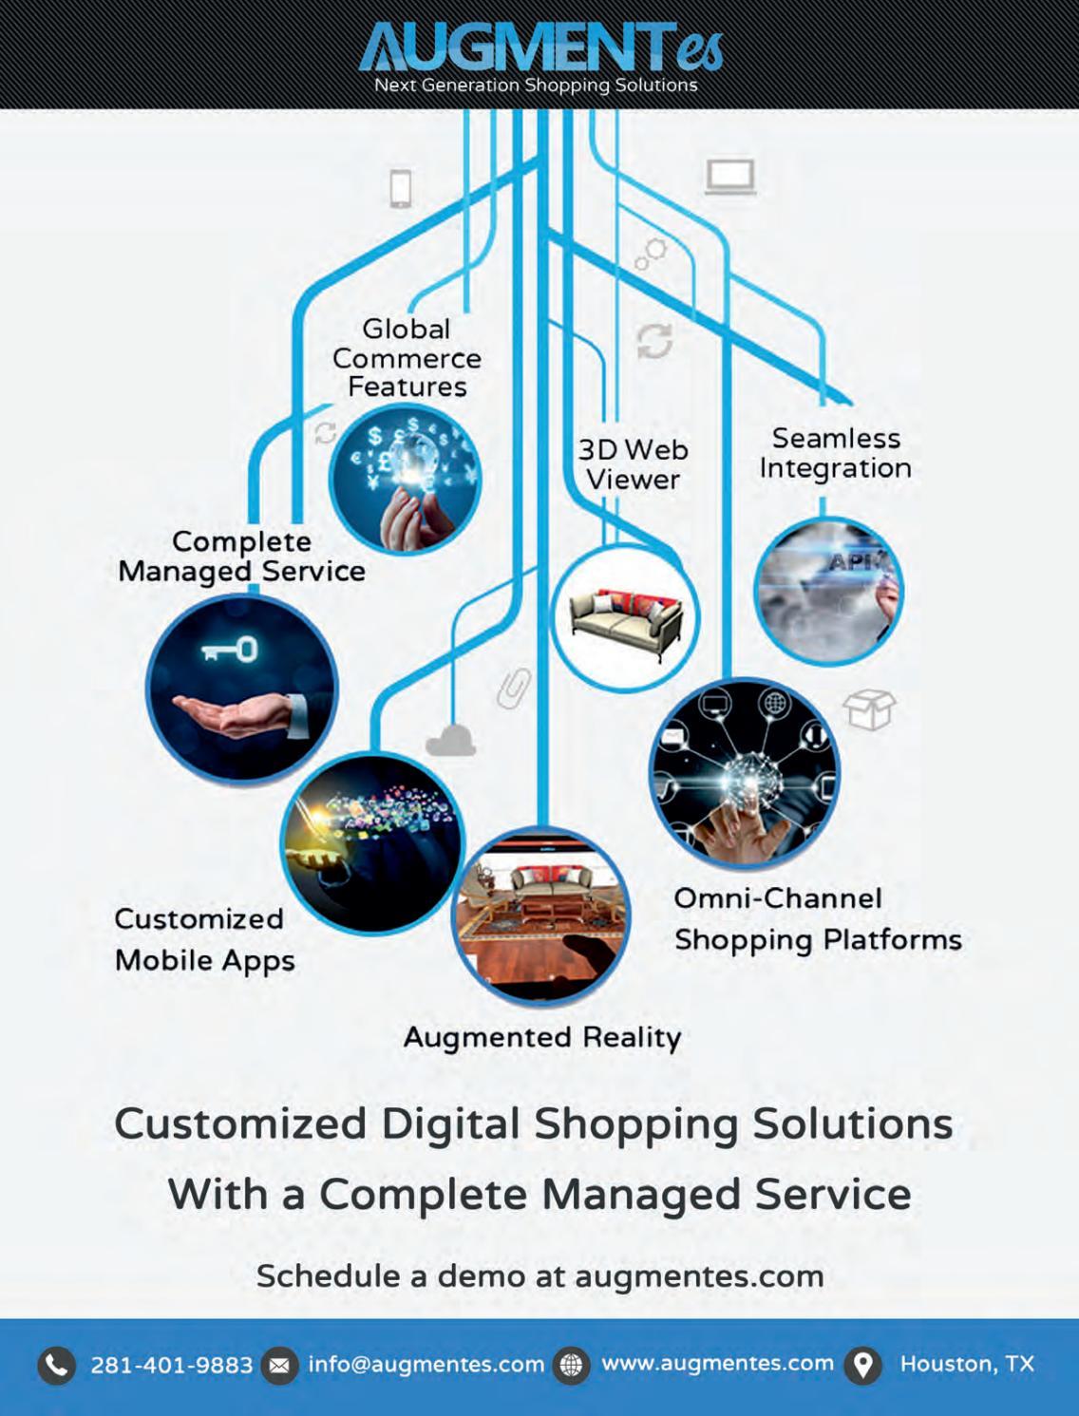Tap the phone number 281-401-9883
coord(172,1365)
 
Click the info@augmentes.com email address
coord(426,1365)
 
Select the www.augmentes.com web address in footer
coord(717,1364)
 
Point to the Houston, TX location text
coord(967,1364)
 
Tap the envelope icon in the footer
coord(279,1366)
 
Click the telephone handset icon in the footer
coord(57,1366)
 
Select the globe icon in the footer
coord(572,1366)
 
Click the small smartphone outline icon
coord(401,187)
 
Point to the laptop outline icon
coord(729,178)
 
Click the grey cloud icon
coord(450,740)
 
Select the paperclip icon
coord(514,688)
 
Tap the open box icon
coord(869,708)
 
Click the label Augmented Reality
coord(542,1037)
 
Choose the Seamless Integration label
coord(835,453)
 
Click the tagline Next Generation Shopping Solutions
coord(536,85)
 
